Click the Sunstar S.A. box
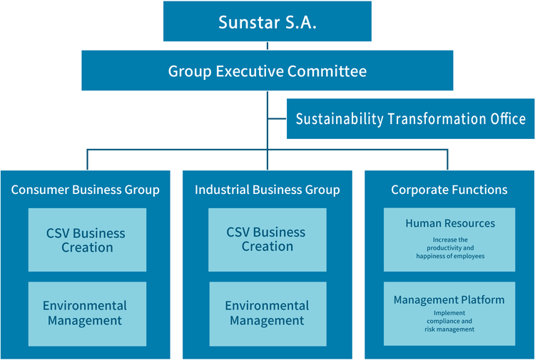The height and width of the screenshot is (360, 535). click(267, 21)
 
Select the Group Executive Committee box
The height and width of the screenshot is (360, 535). click(267, 71)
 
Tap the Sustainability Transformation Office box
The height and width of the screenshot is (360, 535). click(410, 118)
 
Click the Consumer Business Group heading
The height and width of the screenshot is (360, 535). click(86, 190)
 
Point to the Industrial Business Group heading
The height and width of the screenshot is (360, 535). click(267, 190)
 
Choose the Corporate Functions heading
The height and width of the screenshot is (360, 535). click(449, 190)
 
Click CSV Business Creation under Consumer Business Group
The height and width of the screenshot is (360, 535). click(87, 240)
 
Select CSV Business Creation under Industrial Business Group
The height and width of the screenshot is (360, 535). click(267, 240)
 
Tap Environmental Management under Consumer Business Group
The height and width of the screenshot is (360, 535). click(87, 314)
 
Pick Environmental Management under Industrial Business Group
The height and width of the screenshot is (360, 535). click(267, 314)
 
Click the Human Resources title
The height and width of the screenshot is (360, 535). click(450, 223)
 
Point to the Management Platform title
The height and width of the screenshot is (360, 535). click(449, 300)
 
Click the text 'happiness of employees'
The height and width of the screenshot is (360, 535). click(450, 256)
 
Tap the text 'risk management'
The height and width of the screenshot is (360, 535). click(449, 329)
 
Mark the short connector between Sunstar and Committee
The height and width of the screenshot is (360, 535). click(267, 46)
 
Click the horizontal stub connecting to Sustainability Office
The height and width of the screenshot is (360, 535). click(277, 118)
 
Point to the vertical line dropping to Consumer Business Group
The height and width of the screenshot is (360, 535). click(87, 160)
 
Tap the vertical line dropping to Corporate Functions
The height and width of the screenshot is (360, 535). click(447, 160)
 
